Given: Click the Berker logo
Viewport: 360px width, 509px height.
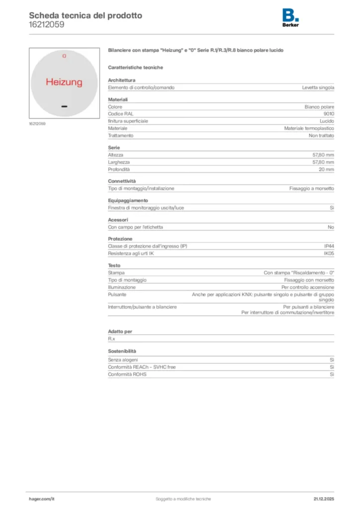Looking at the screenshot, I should tap(290, 18).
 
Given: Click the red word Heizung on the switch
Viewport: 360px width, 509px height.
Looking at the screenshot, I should tap(64, 82).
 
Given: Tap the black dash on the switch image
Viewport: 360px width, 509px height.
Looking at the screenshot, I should tap(64, 106).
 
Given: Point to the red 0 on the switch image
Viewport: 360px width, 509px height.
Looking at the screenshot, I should tap(64, 56).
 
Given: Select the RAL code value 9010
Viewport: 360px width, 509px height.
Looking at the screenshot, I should tap(329, 114).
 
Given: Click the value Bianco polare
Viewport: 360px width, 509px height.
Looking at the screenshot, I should tap(319, 107).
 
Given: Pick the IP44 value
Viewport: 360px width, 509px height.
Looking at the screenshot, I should tap(329, 247).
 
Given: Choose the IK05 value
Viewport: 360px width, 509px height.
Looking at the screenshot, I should tap(329, 254).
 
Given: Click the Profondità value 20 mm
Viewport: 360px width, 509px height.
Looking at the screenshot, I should tap(326, 170).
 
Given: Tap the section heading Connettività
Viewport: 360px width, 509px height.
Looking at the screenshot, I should tap(122, 181).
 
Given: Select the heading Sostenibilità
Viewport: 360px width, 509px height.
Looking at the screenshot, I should tap(122, 351).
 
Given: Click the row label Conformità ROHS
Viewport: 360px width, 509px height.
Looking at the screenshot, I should tap(127, 374).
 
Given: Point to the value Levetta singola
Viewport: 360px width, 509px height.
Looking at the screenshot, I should tap(318, 87).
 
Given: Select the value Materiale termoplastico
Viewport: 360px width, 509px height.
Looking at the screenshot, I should tap(309, 128).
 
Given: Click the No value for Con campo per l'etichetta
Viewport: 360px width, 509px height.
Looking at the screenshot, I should tap(331, 227).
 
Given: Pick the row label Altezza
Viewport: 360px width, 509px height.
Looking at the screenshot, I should tap(116, 155).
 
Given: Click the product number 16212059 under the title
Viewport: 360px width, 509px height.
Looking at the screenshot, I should tap(46, 24).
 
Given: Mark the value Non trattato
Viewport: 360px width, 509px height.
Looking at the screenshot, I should tap(321, 135).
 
